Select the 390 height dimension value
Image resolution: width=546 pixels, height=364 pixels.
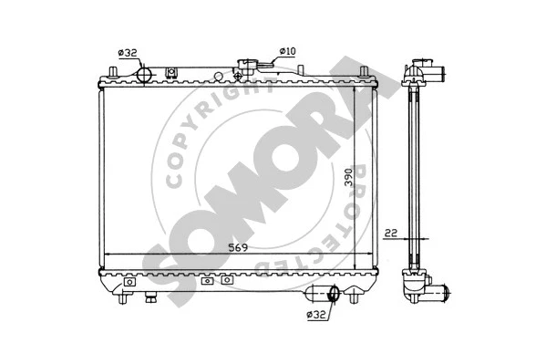pyautogui.click(x=348, y=179)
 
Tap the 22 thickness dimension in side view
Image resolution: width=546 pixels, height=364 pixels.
pyautogui.click(x=389, y=233)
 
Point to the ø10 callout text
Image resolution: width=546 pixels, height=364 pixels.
pyautogui.click(x=286, y=52)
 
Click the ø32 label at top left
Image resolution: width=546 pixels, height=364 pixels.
pyautogui.click(x=129, y=53)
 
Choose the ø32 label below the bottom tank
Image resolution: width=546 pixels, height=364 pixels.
pyautogui.click(x=316, y=315)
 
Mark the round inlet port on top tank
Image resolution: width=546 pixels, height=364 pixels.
pyautogui.click(x=144, y=74)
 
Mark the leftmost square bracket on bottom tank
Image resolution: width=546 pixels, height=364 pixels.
pyautogui.click(x=129, y=282)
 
